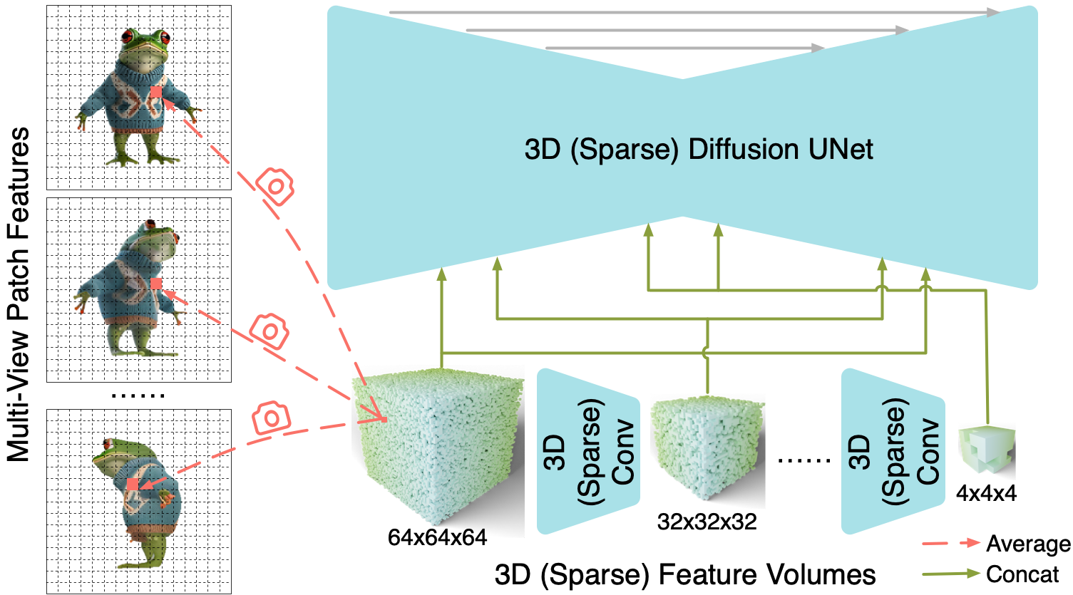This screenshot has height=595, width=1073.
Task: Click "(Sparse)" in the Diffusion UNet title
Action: [618, 150]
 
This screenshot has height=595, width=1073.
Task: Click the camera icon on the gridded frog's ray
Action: [274, 186]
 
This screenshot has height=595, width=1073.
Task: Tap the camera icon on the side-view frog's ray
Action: [269, 331]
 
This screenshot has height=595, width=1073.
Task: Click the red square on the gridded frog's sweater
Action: [156, 93]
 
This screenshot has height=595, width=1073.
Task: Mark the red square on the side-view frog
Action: [156, 284]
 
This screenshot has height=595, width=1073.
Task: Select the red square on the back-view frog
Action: [132, 485]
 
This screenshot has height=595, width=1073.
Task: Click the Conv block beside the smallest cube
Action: [893, 451]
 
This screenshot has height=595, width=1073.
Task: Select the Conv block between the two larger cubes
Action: [588, 451]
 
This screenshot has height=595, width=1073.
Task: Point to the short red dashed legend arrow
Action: [951, 543]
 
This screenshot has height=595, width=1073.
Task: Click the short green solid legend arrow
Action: [951, 573]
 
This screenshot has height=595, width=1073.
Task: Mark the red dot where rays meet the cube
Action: [384, 420]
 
